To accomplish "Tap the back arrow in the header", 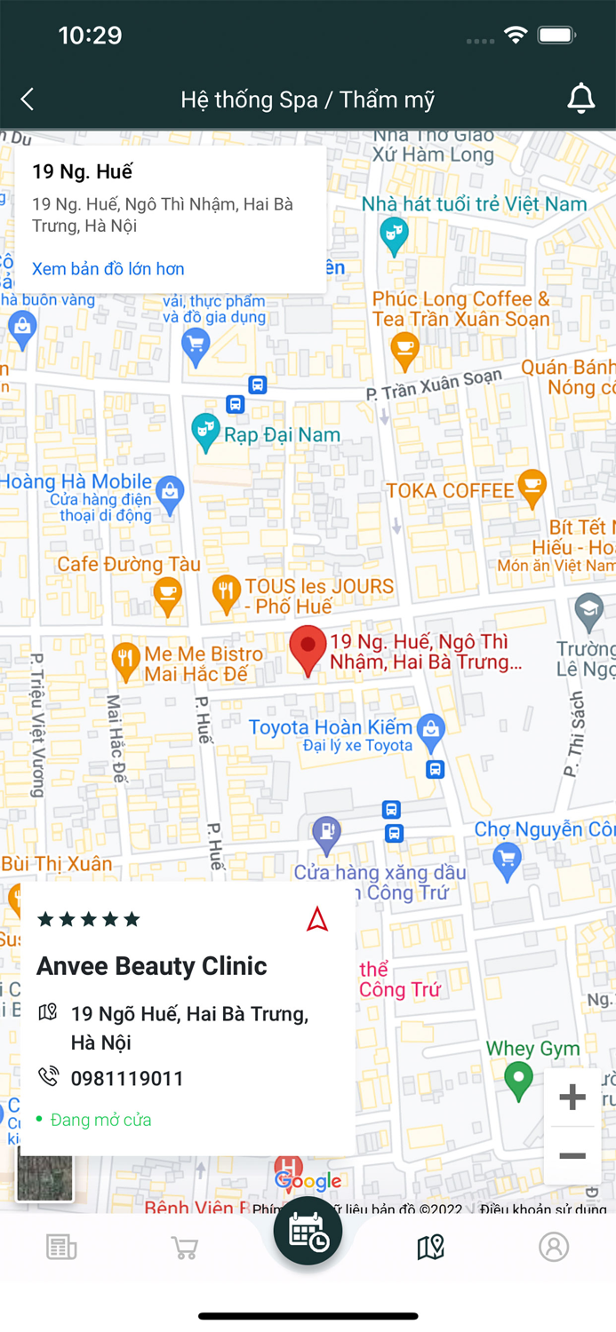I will (28, 99).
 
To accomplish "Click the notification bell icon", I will (580, 99).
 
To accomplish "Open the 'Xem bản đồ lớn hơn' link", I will (108, 268).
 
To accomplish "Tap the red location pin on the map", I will (308, 649).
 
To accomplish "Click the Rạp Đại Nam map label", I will (281, 435).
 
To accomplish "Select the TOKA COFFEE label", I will (450, 490).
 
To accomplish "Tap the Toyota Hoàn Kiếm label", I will (330, 727).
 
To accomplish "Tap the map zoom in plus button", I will (572, 1098).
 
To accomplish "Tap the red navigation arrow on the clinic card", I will (317, 920).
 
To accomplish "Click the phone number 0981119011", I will (127, 1078).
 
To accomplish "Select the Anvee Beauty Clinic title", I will (152, 966).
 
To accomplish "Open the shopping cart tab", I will (185, 1248).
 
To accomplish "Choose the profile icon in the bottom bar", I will (553, 1247).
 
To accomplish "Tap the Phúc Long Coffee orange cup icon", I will (404, 350).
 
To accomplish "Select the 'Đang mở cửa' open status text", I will (100, 1120).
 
